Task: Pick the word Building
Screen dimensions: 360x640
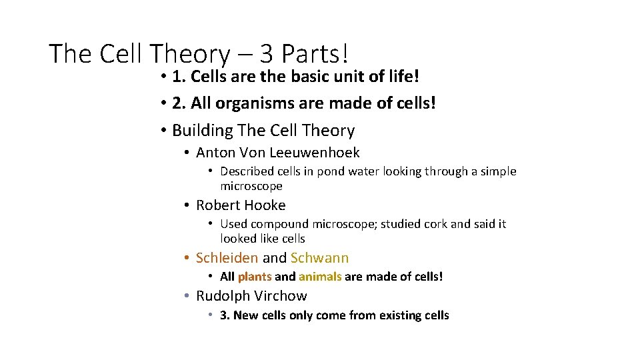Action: pos(203,130)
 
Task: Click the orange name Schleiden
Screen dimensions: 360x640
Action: pos(227,258)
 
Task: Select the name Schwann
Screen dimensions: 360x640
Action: pos(319,258)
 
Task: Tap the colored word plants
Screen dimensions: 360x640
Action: pos(255,277)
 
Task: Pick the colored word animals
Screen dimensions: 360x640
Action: pos(320,277)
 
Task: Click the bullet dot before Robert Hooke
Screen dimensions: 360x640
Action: pos(188,205)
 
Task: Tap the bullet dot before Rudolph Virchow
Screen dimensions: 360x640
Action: pos(188,296)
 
